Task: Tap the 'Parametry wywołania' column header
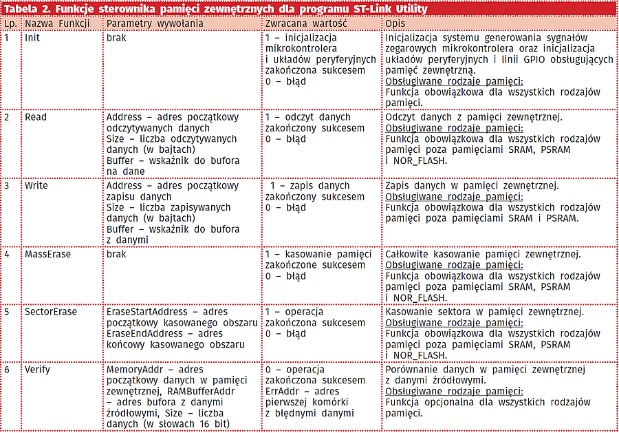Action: coord(155,23)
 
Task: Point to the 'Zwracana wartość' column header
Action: coord(305,23)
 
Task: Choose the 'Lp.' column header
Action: coord(10,23)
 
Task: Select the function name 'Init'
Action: coord(32,38)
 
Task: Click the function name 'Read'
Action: coord(36,117)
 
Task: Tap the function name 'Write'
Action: coord(36,186)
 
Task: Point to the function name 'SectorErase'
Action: coord(50,312)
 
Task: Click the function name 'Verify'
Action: coord(37,370)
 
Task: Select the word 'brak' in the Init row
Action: coord(116,38)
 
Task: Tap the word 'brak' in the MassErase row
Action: coord(116,254)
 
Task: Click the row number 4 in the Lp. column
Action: coord(7,254)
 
